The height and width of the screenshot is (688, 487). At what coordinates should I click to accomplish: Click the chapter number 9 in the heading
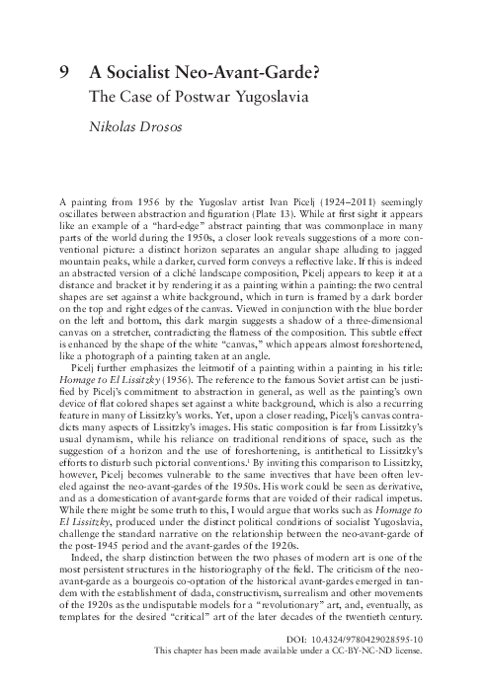click(65, 71)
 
